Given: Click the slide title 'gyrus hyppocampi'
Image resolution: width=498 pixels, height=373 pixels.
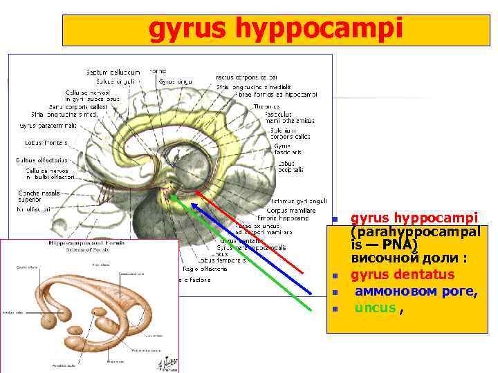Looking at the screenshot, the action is coord(275,29).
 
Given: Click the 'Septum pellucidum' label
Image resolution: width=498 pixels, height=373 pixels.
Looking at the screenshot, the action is coord(113,72).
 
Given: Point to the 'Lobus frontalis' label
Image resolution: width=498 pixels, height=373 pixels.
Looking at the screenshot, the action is coord(44,143).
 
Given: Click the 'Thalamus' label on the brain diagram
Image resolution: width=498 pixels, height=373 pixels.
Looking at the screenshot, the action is coord(266,106).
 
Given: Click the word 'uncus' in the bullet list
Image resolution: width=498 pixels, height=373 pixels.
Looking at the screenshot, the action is coord(376,308).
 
